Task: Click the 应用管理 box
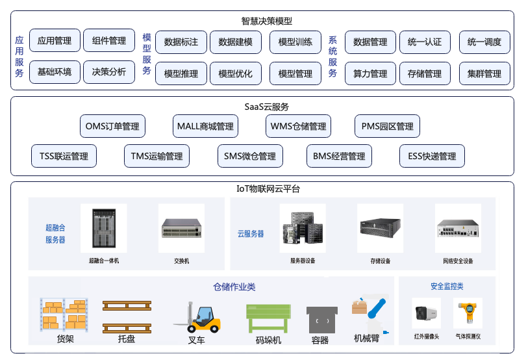point(55,40)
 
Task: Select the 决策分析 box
point(109,72)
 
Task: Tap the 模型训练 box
point(295,42)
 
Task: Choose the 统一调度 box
point(484,42)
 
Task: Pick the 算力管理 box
point(370,73)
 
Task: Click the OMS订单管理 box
point(112,126)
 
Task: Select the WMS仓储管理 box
point(298,126)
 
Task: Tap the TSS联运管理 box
point(64,156)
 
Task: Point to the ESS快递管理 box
point(432,156)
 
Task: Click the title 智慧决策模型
point(267,21)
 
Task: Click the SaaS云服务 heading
point(267,107)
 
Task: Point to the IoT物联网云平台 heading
point(268,188)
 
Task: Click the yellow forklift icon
point(198,317)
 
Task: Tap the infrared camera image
point(427,313)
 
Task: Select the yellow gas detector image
point(468,313)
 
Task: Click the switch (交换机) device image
point(181,228)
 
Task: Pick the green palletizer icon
point(268,318)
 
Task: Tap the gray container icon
point(322,320)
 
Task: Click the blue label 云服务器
point(251,234)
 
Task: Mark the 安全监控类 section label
point(447,286)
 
